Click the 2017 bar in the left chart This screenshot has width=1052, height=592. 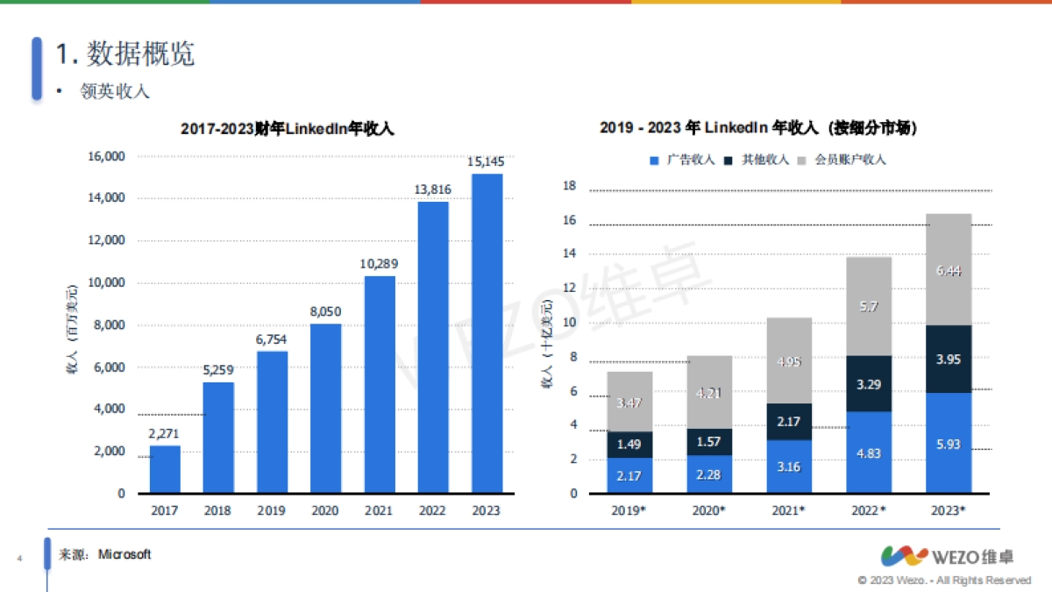pyautogui.click(x=165, y=469)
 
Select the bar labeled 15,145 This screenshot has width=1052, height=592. pyautogui.click(x=487, y=333)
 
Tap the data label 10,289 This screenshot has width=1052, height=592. pyautogui.click(x=380, y=264)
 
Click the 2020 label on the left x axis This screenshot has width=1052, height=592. pyautogui.click(x=325, y=510)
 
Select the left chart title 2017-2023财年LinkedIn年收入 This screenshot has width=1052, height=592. pyautogui.click(x=288, y=129)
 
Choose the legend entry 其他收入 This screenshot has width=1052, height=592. pyautogui.click(x=758, y=160)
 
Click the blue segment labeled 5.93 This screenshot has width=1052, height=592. pyautogui.click(x=948, y=443)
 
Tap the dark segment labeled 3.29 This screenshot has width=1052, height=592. pyautogui.click(x=868, y=383)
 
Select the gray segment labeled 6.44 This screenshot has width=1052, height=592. pyautogui.click(x=948, y=270)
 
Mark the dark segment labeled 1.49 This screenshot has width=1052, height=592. pyautogui.click(x=629, y=445)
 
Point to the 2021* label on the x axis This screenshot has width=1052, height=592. pyautogui.click(x=789, y=510)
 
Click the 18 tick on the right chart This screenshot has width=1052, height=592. pyautogui.click(x=569, y=186)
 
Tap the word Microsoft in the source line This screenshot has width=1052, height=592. pyautogui.click(x=124, y=554)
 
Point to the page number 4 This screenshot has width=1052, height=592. pyautogui.click(x=18, y=557)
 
